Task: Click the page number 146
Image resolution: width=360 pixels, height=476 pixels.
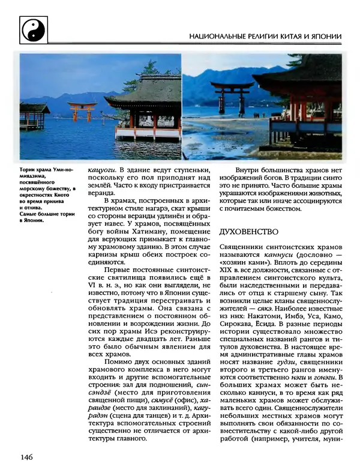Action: (x=25, y=458)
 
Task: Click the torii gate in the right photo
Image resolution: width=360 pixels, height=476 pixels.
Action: (x=233, y=96)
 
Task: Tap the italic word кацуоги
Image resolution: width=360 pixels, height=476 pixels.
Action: (x=103, y=170)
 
